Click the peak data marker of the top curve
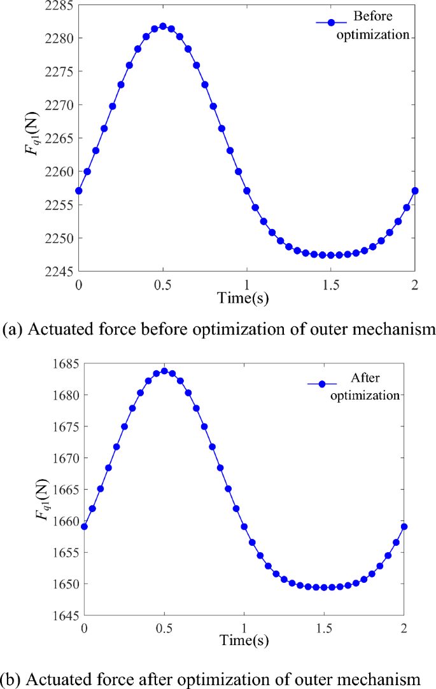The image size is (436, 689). point(163,27)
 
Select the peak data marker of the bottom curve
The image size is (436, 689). point(164,371)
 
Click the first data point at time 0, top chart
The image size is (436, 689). point(79,191)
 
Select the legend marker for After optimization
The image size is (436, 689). point(321,384)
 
